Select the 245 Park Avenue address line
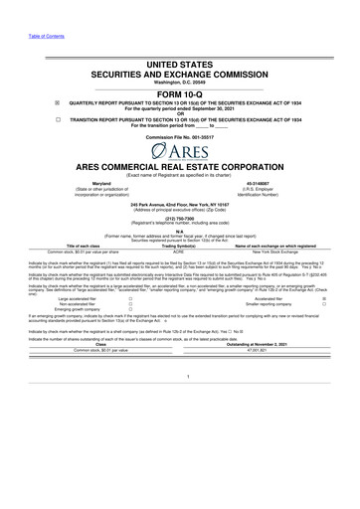(180, 212)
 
